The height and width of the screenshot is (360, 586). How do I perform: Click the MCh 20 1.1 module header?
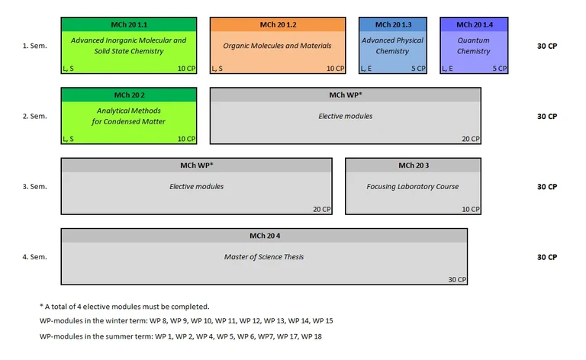129,24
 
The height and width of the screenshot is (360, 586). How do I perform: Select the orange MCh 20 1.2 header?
278,24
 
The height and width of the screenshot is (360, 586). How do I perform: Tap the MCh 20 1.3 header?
393,24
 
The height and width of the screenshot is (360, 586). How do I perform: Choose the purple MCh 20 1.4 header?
474,24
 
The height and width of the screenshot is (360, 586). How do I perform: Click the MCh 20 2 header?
129,95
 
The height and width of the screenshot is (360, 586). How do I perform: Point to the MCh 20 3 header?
413,166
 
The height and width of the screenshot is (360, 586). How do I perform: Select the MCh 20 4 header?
264,236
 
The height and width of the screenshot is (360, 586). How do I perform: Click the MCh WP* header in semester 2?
345,95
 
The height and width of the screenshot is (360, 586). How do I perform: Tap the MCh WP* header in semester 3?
196,166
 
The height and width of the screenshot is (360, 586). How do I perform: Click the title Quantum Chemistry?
474,46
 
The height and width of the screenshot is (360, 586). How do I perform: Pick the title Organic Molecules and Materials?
278,46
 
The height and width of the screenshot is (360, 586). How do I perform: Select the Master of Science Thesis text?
264,257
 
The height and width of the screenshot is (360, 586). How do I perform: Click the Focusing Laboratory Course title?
413,187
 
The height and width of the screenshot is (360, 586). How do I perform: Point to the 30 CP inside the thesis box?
456,280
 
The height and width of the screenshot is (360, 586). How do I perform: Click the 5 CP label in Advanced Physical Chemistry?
419,69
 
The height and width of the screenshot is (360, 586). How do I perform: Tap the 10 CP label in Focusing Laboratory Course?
470,209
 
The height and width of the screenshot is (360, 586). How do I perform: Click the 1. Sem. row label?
34,46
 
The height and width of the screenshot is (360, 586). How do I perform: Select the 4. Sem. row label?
34,257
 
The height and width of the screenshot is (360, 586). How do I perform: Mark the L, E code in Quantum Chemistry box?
449,69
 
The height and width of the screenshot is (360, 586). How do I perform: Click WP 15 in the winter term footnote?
323,320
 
